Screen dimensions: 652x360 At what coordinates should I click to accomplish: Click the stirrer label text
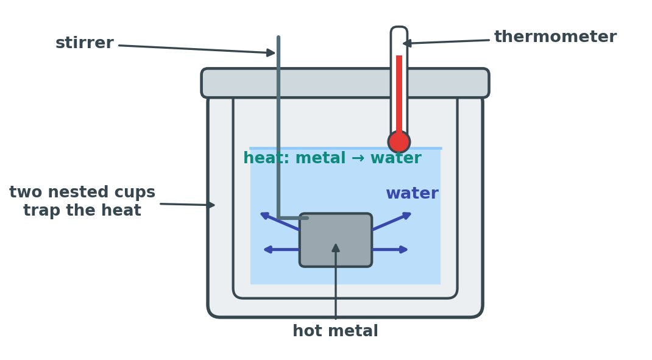[x=85, y=43]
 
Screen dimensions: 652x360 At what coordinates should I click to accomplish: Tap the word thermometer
[x=555, y=37]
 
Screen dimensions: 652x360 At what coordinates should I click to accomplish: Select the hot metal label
[x=335, y=331]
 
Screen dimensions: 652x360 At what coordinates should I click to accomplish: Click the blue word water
[x=412, y=193]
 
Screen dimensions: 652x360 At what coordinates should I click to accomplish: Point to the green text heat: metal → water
[x=332, y=158]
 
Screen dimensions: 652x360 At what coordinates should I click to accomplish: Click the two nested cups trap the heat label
[x=82, y=201]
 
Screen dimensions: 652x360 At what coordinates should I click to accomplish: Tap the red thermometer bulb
[x=399, y=142]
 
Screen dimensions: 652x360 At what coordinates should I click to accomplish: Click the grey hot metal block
[x=336, y=240]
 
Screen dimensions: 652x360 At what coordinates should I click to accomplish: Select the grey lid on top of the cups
[x=345, y=83]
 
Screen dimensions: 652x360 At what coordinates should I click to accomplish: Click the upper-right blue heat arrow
[x=392, y=221]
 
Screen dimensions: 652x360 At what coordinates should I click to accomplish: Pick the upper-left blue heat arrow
[x=280, y=221]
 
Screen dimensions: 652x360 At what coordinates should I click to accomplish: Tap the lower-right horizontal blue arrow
[x=390, y=249]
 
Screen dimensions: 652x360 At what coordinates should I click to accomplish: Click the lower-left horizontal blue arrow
[x=282, y=249]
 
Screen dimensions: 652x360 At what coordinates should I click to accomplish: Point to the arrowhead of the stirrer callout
[x=271, y=52]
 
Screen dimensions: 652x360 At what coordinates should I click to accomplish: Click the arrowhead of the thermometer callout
[x=407, y=43]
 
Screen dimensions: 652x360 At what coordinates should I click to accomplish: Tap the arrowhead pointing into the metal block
[x=336, y=247]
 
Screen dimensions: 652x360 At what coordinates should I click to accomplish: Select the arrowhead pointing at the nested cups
[x=211, y=205]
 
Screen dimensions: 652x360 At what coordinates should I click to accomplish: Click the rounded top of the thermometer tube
[x=399, y=29]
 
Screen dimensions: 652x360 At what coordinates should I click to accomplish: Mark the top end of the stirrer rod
[x=278, y=37]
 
